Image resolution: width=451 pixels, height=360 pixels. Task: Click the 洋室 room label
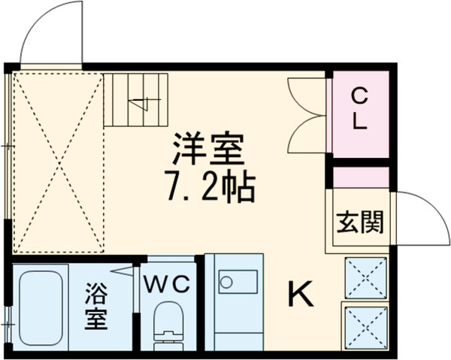[x=210, y=148]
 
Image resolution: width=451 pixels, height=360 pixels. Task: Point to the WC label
[x=171, y=283]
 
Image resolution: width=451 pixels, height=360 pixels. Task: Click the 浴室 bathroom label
[x=98, y=304]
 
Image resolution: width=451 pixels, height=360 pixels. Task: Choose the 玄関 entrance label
[x=359, y=222]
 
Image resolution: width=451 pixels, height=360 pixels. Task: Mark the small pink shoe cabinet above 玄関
[x=361, y=177]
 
